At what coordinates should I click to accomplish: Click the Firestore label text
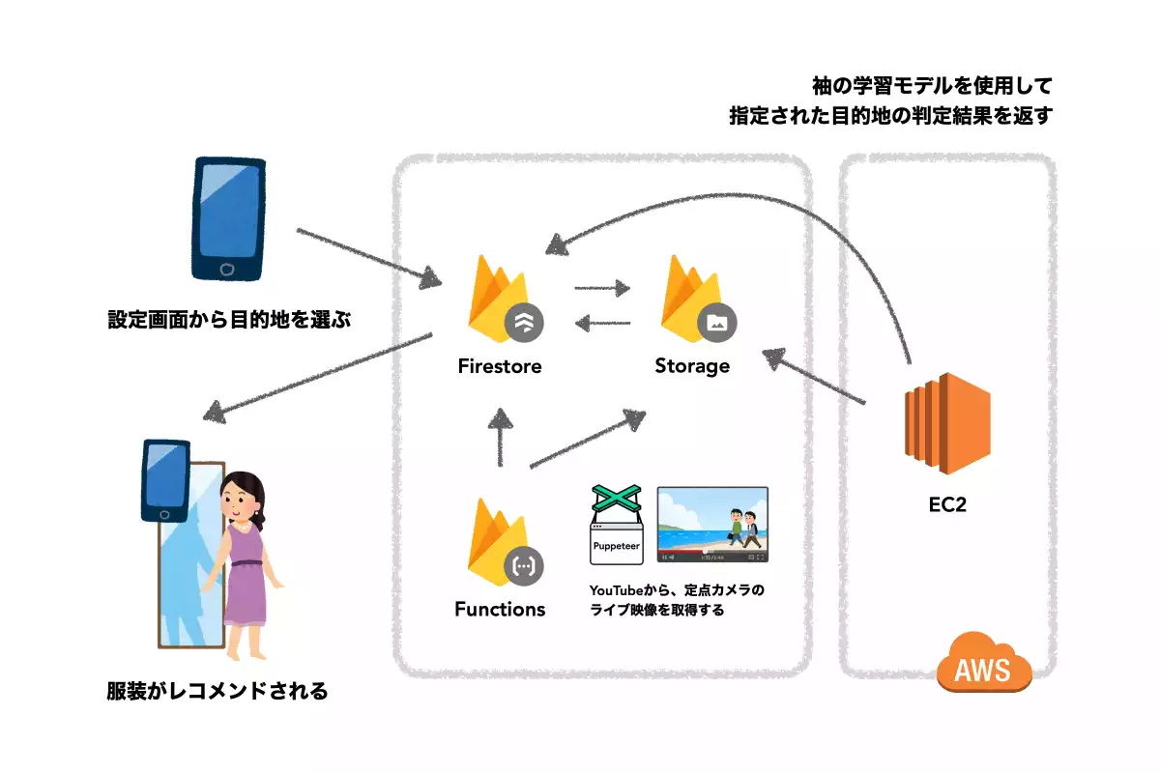click(x=500, y=366)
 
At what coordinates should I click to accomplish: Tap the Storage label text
click(x=692, y=366)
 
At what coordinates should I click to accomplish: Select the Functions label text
click(x=500, y=609)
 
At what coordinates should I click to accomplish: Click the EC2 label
click(x=946, y=502)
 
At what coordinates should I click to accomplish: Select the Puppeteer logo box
click(x=616, y=527)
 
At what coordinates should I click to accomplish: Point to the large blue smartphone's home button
click(x=227, y=268)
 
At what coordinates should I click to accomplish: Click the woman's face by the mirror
click(x=239, y=499)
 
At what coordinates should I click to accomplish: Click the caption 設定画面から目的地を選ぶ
click(x=227, y=319)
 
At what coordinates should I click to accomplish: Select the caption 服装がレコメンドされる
click(x=217, y=691)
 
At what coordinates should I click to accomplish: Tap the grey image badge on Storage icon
click(x=717, y=323)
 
